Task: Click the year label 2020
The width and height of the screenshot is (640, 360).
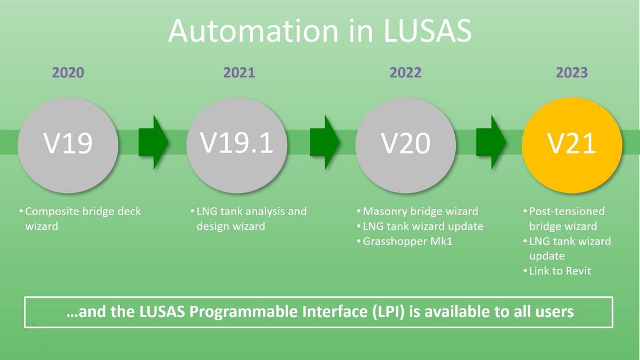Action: [68, 72]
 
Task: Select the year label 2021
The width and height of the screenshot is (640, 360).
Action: [239, 72]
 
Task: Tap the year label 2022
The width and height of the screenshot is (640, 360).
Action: [406, 72]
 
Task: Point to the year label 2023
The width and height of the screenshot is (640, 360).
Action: [571, 72]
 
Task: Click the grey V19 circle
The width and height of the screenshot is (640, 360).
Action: [68, 144]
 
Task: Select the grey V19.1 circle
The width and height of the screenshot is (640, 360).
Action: [237, 144]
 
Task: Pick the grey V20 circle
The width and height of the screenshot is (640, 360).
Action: [406, 144]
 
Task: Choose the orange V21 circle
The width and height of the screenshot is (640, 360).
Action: [571, 144]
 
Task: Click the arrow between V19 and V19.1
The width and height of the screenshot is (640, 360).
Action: [153, 142]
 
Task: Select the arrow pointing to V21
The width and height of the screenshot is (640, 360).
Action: [490, 142]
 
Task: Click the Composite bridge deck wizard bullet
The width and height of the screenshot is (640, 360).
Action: [82, 218]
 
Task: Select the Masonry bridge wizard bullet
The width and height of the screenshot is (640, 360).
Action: [420, 211]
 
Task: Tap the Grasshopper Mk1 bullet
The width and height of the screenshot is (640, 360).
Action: [407, 242]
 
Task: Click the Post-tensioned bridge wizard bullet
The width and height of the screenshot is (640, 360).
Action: [566, 218]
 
